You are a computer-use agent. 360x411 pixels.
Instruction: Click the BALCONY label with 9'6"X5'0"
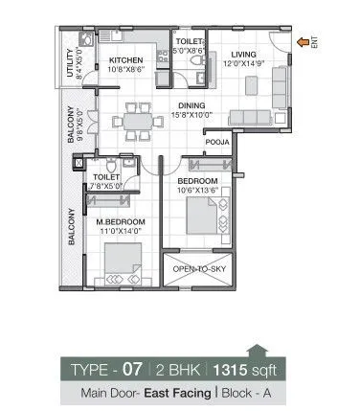pos(73,125)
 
